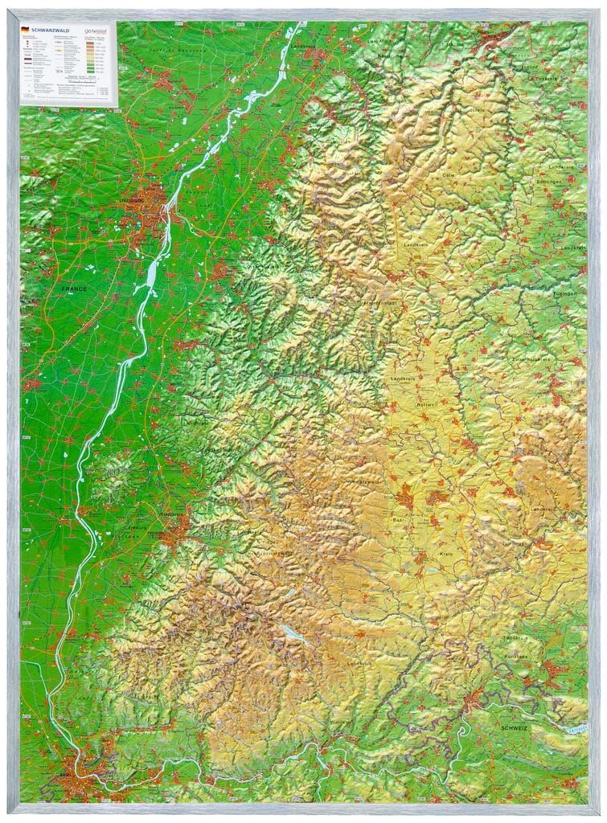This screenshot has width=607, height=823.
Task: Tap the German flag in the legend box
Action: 25,27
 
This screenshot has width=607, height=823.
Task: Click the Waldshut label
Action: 338,721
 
